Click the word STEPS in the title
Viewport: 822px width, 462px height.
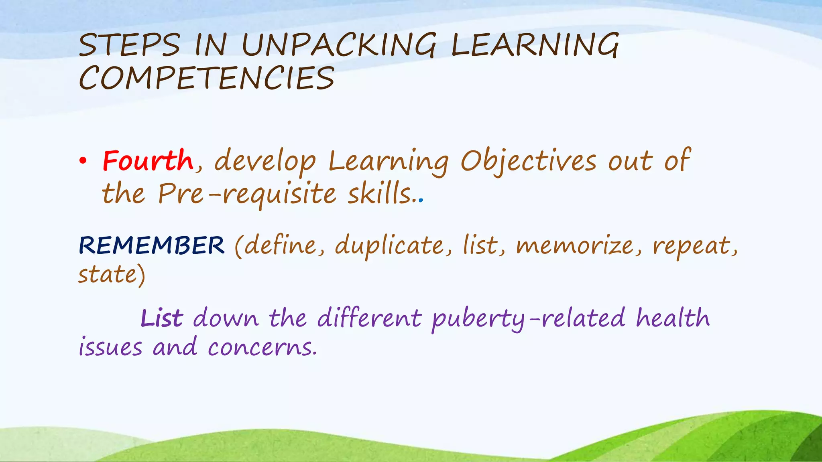[129, 45]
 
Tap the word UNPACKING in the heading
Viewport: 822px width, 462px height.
[338, 45]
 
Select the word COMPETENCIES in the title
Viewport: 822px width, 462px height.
[206, 78]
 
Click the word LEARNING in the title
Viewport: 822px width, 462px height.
[535, 45]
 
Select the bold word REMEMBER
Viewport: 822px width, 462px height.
[152, 245]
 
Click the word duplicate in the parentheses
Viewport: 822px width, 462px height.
[389, 245]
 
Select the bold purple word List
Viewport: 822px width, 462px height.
[162, 318]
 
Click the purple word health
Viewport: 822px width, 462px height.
[673, 318]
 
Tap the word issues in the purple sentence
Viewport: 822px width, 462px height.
[110, 347]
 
